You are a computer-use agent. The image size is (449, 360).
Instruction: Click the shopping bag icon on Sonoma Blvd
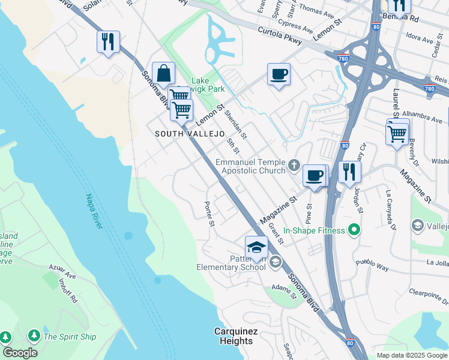pyautogui.click(x=163, y=74)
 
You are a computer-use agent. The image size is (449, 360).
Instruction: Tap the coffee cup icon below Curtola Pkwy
pyautogui.click(x=279, y=75)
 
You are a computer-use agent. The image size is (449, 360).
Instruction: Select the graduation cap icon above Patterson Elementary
pyautogui.click(x=256, y=247)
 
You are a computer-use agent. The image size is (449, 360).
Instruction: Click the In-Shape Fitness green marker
pyautogui.click(x=354, y=230)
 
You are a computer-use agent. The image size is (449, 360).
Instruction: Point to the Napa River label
pyautogui.click(x=95, y=211)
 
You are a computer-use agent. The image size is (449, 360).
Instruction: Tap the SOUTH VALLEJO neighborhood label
pyautogui.click(x=190, y=133)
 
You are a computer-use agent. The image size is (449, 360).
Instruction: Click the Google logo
pyautogui.click(x=20, y=352)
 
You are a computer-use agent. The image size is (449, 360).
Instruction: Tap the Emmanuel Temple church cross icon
pyautogui.click(x=294, y=165)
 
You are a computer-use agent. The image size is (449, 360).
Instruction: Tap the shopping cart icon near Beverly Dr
pyautogui.click(x=397, y=133)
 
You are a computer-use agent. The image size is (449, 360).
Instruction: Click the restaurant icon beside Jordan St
pyautogui.click(x=348, y=173)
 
